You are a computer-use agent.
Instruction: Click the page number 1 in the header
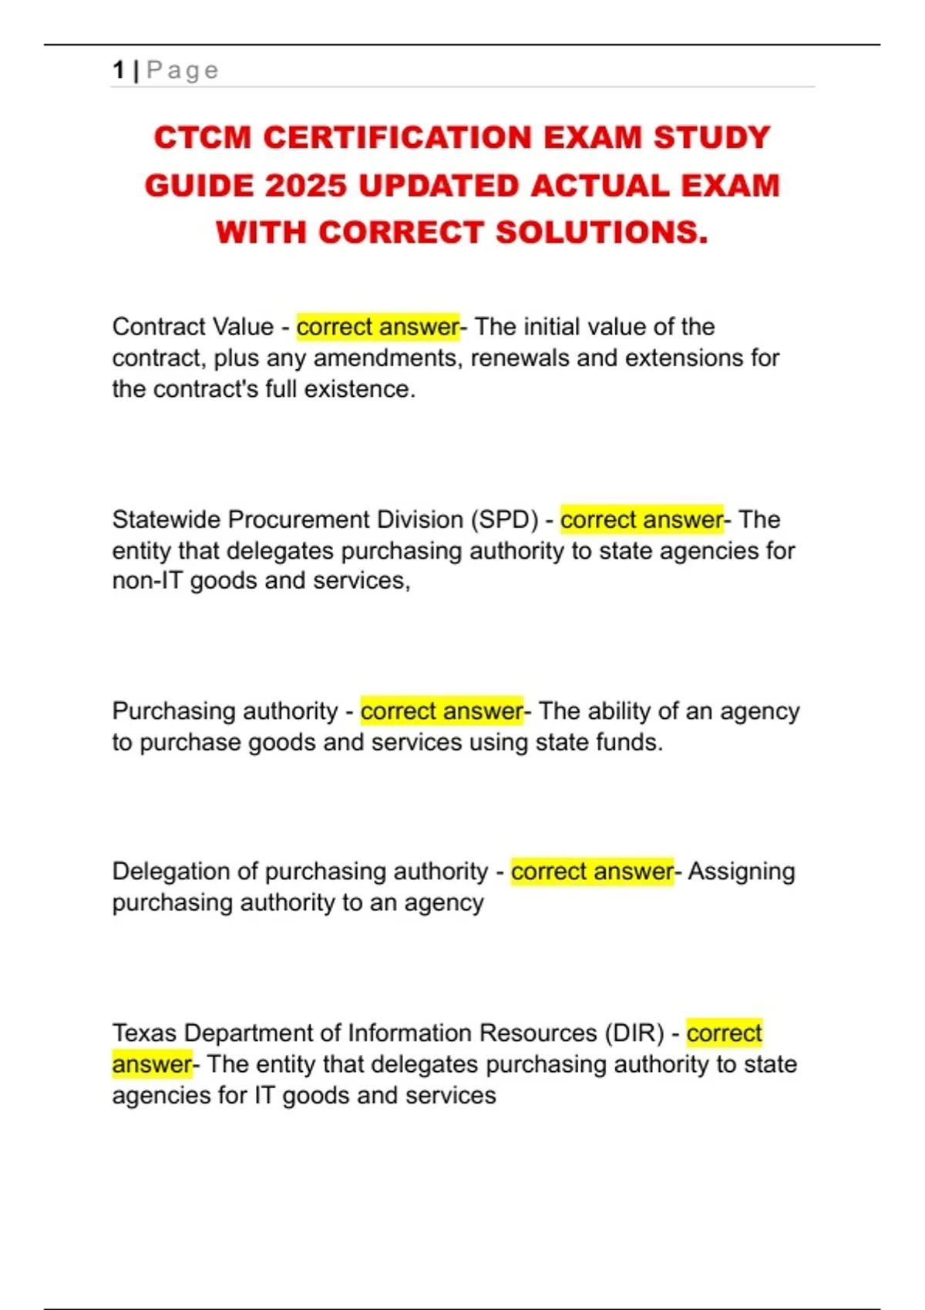point(119,70)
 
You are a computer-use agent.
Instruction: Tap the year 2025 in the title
point(305,186)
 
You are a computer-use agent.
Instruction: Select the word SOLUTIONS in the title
point(601,232)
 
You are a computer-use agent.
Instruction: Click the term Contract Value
point(193,327)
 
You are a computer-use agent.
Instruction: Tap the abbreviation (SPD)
point(504,519)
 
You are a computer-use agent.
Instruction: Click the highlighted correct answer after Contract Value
point(378,327)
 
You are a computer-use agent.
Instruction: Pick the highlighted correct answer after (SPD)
point(641,519)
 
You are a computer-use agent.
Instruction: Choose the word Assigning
point(741,872)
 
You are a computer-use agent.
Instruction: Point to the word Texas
point(144,1033)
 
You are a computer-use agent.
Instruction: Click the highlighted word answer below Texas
point(151,1064)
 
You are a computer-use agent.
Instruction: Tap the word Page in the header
point(183,71)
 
